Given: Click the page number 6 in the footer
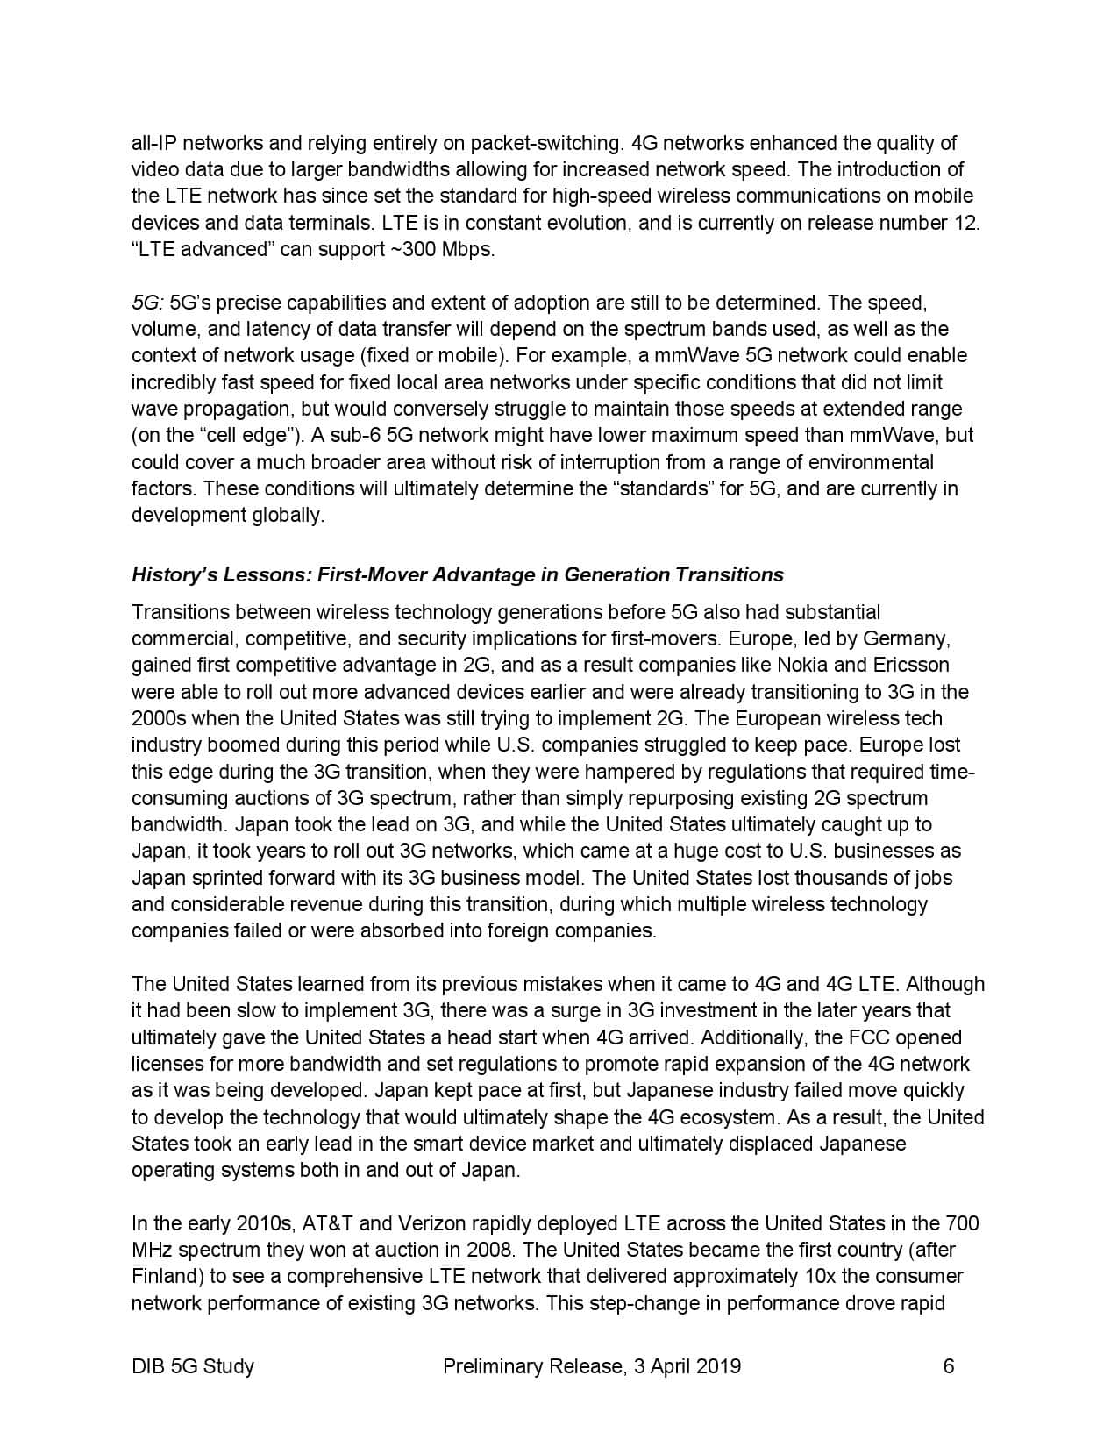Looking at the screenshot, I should [949, 1365].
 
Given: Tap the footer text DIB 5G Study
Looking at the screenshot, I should [193, 1365].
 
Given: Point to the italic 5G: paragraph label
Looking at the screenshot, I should [147, 303].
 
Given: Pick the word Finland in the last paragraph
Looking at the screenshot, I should [167, 1276].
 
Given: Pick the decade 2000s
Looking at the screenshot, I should [159, 718].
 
